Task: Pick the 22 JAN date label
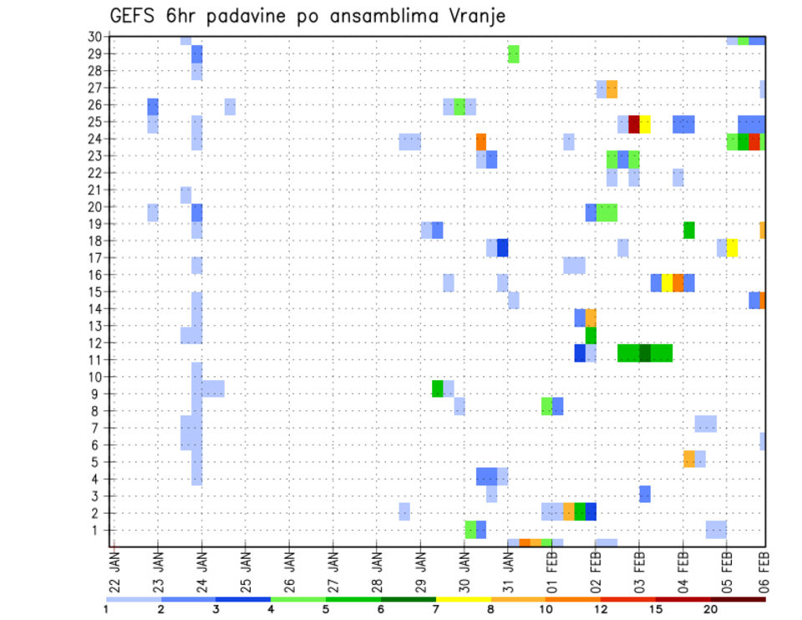coord(114,567)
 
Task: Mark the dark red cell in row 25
coord(634,124)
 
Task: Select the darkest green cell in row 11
coord(645,353)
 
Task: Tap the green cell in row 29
coord(514,54)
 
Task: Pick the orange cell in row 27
coord(612,89)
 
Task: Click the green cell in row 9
coord(438,389)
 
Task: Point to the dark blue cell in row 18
coord(503,248)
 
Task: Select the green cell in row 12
coord(591,335)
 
